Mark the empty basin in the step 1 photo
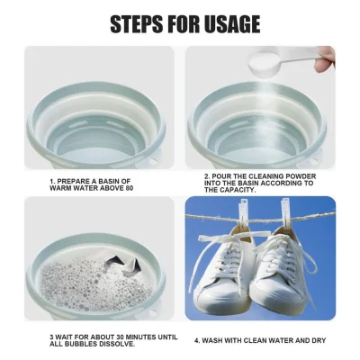tap(98, 117)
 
